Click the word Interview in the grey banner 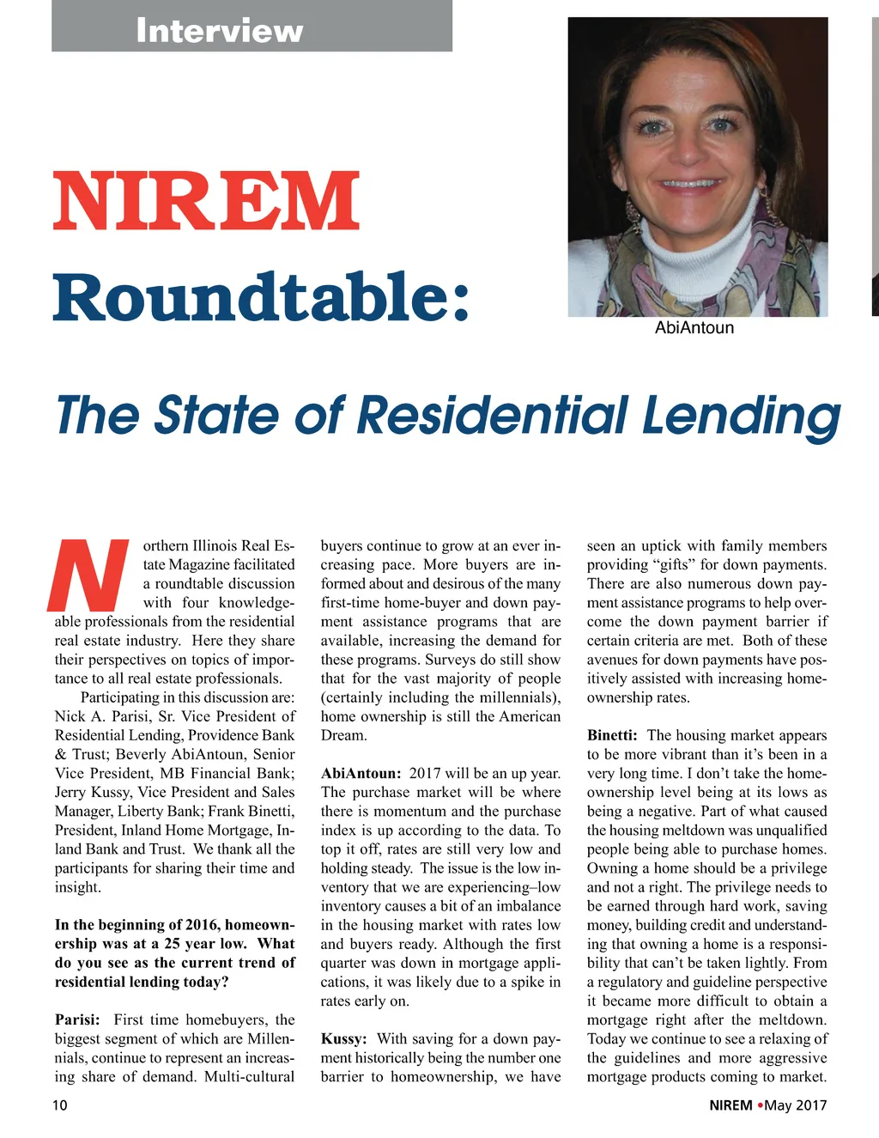[220, 30]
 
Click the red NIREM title [206, 201]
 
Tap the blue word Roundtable [249, 297]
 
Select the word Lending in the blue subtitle [742, 416]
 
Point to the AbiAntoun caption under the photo [694, 328]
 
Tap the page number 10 [60, 1105]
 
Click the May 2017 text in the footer [796, 1105]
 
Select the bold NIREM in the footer [730, 1105]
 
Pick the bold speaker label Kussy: [343, 1039]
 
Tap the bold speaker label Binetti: [612, 736]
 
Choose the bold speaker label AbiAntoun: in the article [361, 774]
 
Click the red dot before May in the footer [761, 1105]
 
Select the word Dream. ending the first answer [344, 736]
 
